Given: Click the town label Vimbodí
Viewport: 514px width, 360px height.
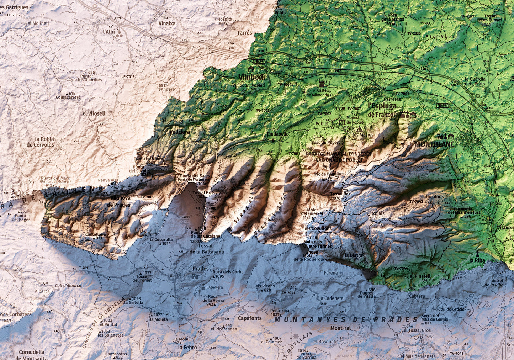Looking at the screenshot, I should point(251,77).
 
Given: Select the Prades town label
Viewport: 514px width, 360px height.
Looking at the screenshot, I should point(200,269).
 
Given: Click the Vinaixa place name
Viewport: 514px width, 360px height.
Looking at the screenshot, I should point(167,23).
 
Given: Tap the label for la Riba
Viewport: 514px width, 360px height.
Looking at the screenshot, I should point(477,260).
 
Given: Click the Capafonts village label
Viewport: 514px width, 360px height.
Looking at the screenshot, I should point(250,318).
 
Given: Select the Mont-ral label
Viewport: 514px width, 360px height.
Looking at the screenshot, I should point(340,328).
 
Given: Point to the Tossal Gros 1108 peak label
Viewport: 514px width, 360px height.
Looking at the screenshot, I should point(203,193).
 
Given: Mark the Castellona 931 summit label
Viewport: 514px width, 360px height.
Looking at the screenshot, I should point(95,235).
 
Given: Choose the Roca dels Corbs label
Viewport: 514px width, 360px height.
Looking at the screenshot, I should point(228,272).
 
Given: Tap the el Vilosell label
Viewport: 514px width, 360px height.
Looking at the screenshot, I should point(94,113).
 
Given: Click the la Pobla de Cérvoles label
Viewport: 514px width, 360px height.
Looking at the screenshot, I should point(40,142).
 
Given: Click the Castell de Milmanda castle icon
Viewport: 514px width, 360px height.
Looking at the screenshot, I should point(322,84).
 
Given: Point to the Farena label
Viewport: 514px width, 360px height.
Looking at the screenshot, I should point(330,273).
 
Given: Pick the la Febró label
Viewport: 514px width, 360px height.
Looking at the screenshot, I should point(187,347).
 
